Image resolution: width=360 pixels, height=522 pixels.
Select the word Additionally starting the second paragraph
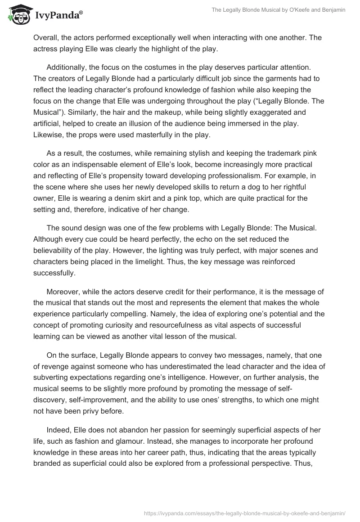(x=70, y=67)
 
